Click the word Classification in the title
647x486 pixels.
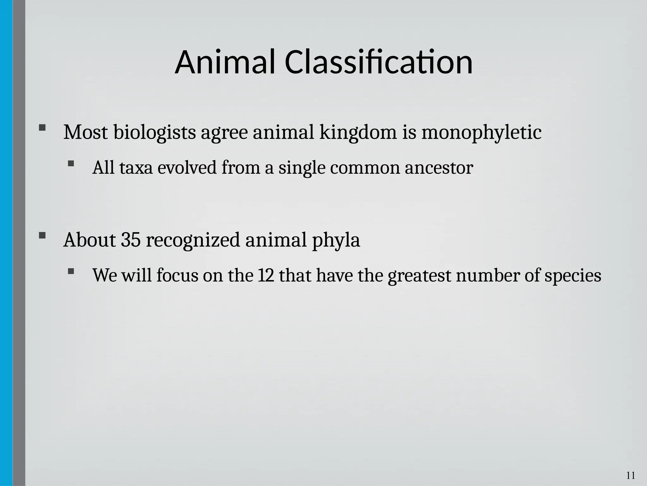pos(378,62)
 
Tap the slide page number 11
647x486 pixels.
pos(631,476)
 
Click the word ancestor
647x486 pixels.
pos(439,168)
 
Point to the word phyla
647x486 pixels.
pos(336,240)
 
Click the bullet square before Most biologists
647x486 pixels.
pos(42,128)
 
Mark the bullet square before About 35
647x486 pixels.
pos(42,235)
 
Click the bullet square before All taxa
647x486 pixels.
pos(71,164)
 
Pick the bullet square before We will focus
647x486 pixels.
pos(71,271)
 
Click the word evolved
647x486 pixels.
pos(187,168)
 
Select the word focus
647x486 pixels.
pos(177,275)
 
